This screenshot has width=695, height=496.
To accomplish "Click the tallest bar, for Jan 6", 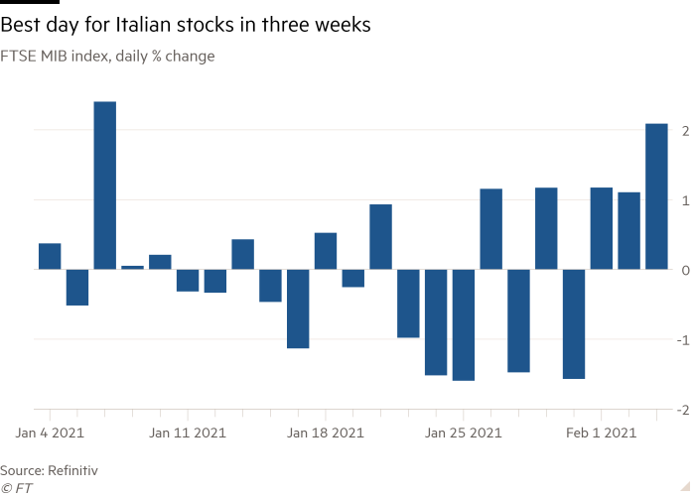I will pyautogui.click(x=104, y=185).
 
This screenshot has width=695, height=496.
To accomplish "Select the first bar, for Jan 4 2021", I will pyautogui.click(x=50, y=256).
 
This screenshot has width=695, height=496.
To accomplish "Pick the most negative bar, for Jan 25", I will pyautogui.click(x=463, y=324).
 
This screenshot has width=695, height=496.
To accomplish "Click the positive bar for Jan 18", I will pyautogui.click(x=326, y=251).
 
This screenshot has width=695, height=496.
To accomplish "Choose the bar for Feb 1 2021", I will pyautogui.click(x=601, y=228).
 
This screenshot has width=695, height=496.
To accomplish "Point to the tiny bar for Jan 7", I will pyautogui.click(x=132, y=267).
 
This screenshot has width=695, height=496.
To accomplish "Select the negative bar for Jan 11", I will pyautogui.click(x=188, y=280).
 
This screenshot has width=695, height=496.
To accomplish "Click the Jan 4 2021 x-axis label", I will pyautogui.click(x=50, y=433).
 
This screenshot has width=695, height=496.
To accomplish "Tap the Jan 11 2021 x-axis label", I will pyautogui.click(x=188, y=433).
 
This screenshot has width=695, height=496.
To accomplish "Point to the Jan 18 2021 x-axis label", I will pyautogui.click(x=326, y=433).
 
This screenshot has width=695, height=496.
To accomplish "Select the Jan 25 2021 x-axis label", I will pyautogui.click(x=463, y=433).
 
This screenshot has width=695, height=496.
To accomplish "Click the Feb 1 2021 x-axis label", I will pyautogui.click(x=601, y=433).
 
